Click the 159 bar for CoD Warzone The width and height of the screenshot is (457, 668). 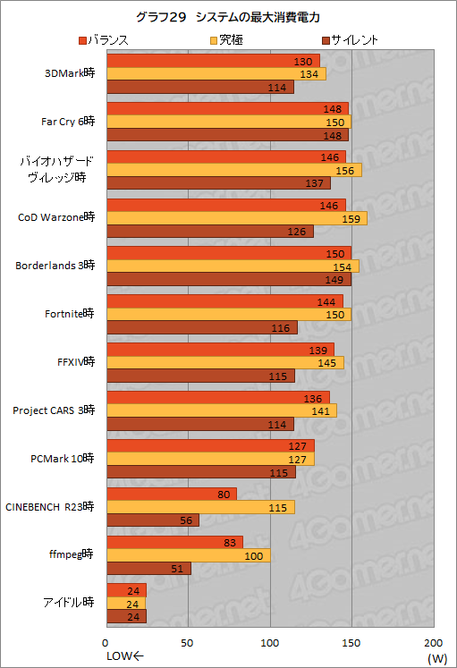click(x=236, y=218)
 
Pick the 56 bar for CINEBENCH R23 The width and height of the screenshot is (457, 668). click(x=152, y=520)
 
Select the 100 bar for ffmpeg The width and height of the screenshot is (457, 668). click(x=188, y=555)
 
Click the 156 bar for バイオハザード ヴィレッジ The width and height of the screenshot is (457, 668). click(x=233, y=170)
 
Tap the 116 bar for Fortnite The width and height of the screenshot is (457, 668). click(x=201, y=327)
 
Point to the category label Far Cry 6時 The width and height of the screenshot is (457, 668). click(x=68, y=122)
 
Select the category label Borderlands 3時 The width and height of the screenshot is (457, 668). click(x=55, y=266)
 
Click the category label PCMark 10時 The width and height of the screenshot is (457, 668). click(x=63, y=458)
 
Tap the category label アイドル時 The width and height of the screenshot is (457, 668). click(x=70, y=603)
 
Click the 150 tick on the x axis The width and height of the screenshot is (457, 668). click(x=351, y=643)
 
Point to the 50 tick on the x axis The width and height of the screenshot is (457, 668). click(x=188, y=643)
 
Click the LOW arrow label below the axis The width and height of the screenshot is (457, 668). click(x=124, y=657)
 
